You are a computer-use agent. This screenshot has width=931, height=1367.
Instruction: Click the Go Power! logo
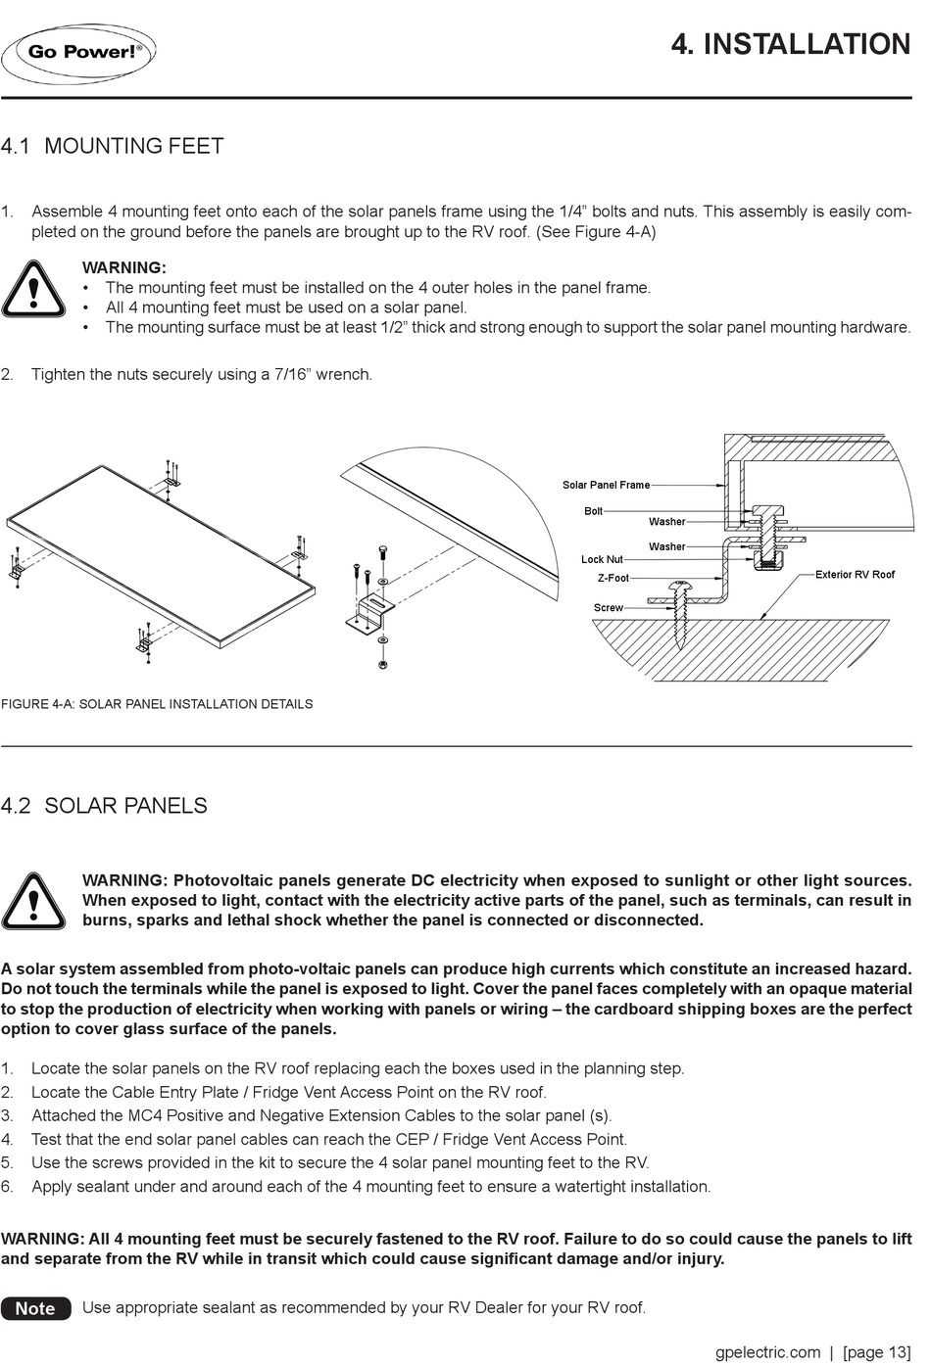point(79,53)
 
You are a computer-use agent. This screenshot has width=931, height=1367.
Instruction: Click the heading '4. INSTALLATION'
point(790,45)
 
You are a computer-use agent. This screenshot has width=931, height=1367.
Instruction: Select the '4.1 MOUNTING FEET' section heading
point(113,147)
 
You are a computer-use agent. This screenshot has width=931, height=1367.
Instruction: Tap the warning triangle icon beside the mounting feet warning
point(34,290)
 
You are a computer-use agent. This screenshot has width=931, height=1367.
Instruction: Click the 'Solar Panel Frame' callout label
point(606,485)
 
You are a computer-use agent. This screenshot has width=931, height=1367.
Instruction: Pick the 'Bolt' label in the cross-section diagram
point(594,511)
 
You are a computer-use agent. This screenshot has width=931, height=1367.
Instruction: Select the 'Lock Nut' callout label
point(602,560)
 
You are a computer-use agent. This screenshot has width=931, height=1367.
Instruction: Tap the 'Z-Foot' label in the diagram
point(613,579)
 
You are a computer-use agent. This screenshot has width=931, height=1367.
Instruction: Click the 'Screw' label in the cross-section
point(608,608)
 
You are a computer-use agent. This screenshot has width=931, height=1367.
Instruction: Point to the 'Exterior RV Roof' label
point(855,575)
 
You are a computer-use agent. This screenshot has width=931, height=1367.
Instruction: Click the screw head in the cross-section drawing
point(680,587)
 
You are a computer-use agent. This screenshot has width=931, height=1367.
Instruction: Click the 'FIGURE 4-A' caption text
point(157,704)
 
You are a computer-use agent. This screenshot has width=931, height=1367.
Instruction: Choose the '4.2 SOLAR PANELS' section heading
point(105,806)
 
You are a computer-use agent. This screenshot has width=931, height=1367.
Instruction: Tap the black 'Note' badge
point(36,1308)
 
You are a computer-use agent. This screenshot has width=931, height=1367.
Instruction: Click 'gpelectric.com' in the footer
point(767,1352)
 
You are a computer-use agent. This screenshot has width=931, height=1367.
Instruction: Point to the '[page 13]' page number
point(876,1352)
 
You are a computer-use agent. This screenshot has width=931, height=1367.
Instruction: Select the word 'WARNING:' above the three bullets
point(124,267)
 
